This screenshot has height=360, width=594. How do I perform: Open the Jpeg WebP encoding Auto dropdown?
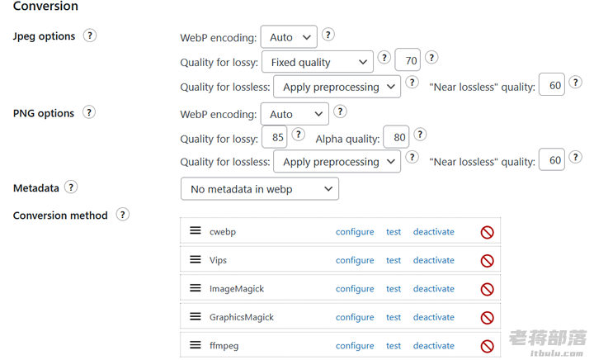point(289,37)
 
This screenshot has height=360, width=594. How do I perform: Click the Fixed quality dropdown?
point(318,62)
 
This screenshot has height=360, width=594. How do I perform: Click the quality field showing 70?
point(408,60)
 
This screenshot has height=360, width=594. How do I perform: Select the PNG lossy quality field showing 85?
point(275,137)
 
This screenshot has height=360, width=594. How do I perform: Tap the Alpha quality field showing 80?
point(396,137)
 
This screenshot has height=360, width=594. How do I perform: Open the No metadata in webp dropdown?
point(260,189)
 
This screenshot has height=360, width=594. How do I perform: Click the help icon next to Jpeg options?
point(90,36)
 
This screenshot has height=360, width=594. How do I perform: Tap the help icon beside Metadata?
point(71,187)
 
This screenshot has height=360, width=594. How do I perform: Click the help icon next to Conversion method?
point(122,215)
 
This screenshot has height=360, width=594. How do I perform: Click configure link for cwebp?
point(355,231)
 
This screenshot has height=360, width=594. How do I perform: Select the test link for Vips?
point(394,260)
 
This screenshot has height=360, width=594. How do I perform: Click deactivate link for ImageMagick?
point(433,289)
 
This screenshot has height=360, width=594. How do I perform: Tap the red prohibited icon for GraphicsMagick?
point(488,318)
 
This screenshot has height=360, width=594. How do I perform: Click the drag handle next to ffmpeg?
point(196,345)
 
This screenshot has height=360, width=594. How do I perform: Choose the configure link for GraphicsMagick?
point(355,317)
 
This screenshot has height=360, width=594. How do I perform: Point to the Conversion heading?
point(45,6)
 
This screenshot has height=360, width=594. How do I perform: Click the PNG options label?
point(44,113)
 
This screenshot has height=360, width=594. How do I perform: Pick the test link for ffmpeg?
point(394,346)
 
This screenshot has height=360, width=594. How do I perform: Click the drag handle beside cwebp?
point(196,230)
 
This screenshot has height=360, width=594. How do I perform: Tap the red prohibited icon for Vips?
point(488,261)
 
